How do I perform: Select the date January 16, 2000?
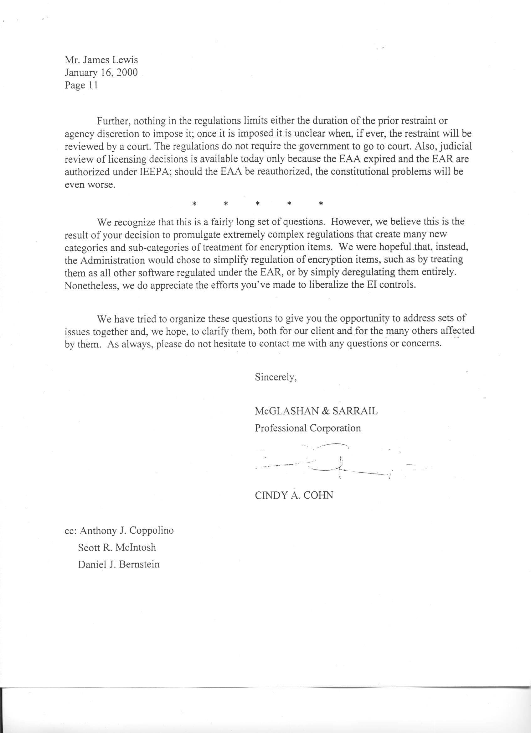[101, 73]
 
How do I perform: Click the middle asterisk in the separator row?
[257, 204]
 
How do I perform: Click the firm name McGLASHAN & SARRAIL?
[316, 411]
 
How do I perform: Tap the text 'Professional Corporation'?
[308, 428]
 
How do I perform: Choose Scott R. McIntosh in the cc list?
[117, 547]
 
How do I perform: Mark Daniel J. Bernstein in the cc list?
[119, 564]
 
